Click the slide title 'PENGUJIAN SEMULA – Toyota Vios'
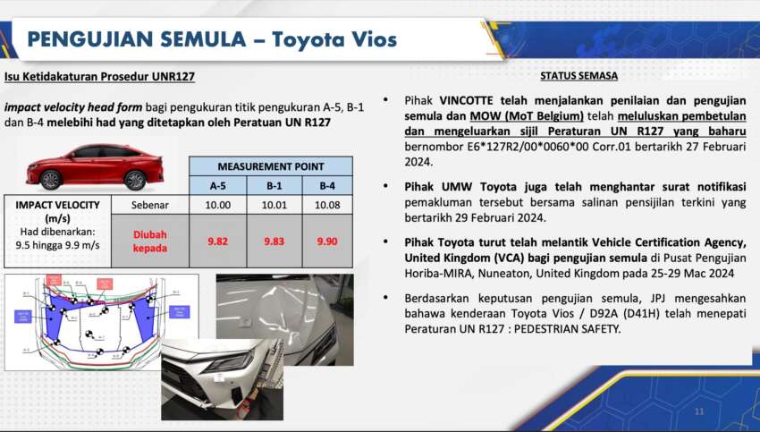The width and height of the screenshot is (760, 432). coord(212,39)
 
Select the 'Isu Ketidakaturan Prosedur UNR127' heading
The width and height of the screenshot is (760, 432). coord(99,77)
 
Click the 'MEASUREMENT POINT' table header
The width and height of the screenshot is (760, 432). coord(271,166)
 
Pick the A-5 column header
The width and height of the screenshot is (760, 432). coord(218,186)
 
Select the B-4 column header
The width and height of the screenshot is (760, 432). coord(326,186)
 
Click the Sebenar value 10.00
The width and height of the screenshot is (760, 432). coord(218,205)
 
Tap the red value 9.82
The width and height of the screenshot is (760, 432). coord(218,241)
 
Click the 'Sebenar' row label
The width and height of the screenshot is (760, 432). coord(149,205)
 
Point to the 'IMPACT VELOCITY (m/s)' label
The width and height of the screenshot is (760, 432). coord(55,211)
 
